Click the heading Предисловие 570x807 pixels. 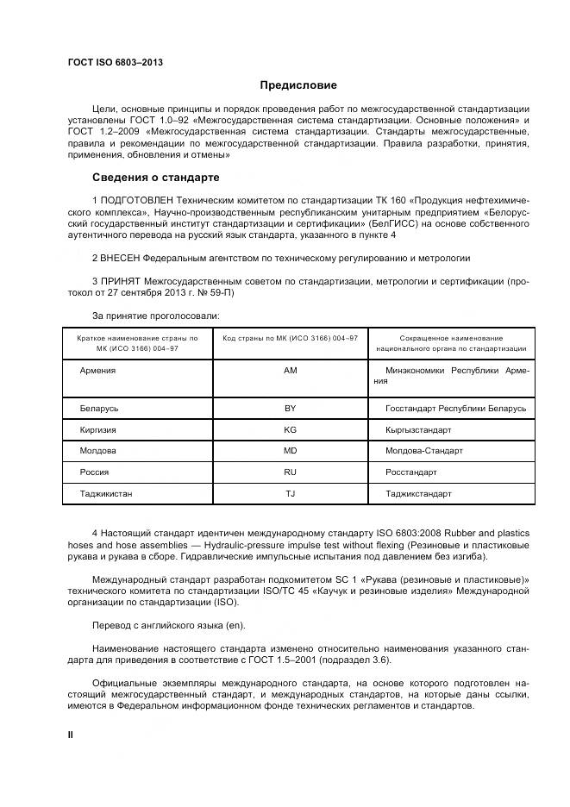pos(298,85)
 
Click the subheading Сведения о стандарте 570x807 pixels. pos(156,178)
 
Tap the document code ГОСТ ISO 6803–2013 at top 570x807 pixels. pos(115,62)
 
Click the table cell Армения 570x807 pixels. pos(97,370)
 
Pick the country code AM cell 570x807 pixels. pos(290,370)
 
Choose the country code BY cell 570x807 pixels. pos(290,408)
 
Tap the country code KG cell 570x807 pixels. pos(290,429)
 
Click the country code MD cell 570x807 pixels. pos(290,451)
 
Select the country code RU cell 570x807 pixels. pos(290,472)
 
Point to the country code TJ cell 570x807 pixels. pos(290,494)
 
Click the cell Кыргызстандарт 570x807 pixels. pos(418,429)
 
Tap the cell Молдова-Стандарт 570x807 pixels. pos(424,451)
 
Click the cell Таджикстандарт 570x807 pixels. pos(418,494)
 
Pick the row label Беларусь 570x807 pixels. pos(99,408)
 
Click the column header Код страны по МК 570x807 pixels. pos(290,339)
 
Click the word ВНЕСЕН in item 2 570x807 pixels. pos(120,258)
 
